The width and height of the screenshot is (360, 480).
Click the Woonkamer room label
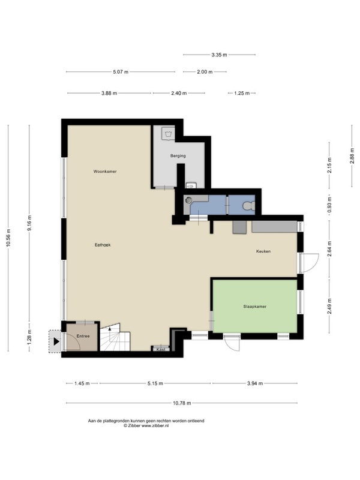tap(105, 172)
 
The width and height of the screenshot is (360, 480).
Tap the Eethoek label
tap(103, 245)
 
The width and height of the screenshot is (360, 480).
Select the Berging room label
tap(178, 156)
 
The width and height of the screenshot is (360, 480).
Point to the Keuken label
tap(263, 251)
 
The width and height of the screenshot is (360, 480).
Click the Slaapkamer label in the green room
tap(254, 307)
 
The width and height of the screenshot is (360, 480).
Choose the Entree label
tap(83, 336)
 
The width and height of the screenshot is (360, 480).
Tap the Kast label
tap(161, 349)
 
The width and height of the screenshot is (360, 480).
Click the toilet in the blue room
tap(248, 206)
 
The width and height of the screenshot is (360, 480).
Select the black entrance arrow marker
tap(56, 341)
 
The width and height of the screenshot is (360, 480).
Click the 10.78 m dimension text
tap(182, 403)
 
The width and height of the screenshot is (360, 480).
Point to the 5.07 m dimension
tap(121, 72)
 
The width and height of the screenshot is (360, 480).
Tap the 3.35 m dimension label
tap(219, 55)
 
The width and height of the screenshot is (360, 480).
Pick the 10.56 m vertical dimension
tap(8, 238)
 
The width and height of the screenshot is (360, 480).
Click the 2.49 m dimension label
tap(329, 306)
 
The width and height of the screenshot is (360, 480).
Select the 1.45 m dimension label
tap(82, 383)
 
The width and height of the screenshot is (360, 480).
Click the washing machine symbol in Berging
tap(168, 133)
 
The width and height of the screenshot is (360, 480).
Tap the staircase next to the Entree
tap(115, 338)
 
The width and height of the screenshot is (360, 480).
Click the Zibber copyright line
tap(146, 425)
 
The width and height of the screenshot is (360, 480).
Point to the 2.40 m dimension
tap(179, 93)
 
